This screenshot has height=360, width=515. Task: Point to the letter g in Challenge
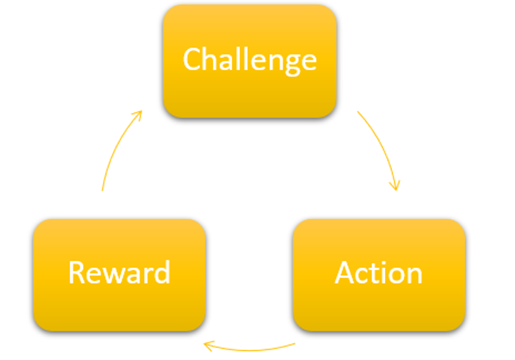click(287, 63)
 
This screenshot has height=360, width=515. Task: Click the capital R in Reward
click(77, 272)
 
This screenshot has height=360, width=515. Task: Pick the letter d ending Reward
click(162, 272)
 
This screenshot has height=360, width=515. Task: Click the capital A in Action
click(346, 273)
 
